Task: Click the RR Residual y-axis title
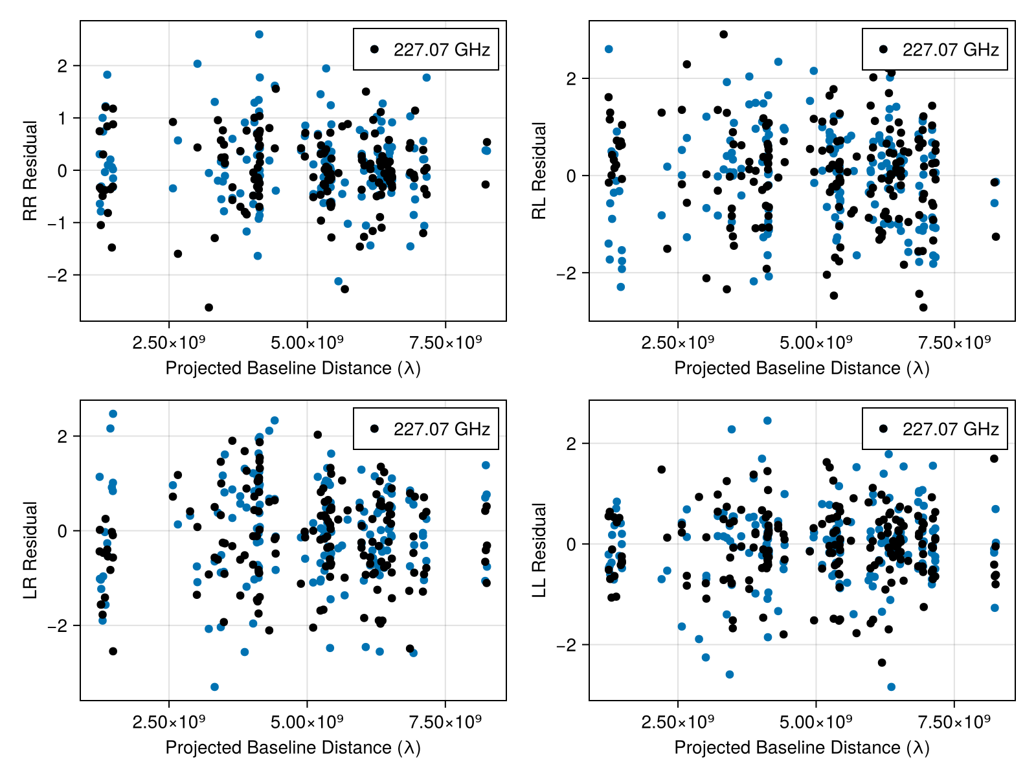pos(30,171)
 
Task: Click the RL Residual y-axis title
pos(539,171)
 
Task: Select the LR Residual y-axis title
pos(30,550)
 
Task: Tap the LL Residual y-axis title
pos(539,550)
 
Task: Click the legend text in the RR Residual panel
pos(442,50)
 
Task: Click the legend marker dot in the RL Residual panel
pos(883,49)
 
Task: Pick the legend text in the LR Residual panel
pos(442,429)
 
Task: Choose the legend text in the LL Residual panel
pos(951,429)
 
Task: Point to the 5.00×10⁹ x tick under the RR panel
pos(307,342)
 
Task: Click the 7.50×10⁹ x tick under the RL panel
pos(954,342)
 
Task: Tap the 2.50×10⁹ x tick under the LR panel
pos(168,721)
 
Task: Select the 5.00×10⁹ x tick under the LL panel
pos(816,721)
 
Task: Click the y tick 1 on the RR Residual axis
pos(62,118)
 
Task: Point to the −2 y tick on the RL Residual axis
pos(567,273)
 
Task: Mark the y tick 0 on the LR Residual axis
pos(62,531)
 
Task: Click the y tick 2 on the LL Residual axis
pos(571,444)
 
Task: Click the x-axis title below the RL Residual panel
pos(802,368)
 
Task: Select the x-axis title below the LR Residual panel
pos(293,748)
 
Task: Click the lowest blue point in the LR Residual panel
pos(214,687)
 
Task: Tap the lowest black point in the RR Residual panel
pos(208,308)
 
